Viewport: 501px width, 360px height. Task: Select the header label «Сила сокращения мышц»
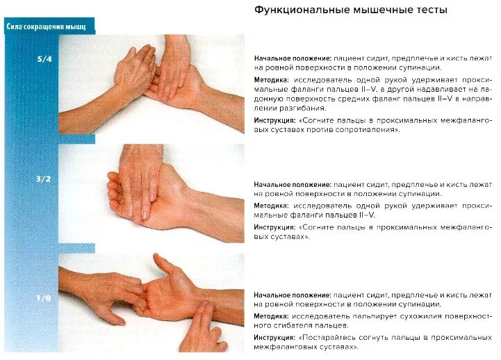pyautogui.click(x=46, y=27)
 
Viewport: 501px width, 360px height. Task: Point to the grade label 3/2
pyautogui.click(x=44, y=179)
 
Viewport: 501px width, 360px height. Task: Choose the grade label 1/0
pyautogui.click(x=44, y=297)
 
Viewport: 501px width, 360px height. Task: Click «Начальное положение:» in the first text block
pyautogui.click(x=292, y=58)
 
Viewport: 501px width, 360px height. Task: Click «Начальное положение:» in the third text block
pyautogui.click(x=292, y=294)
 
